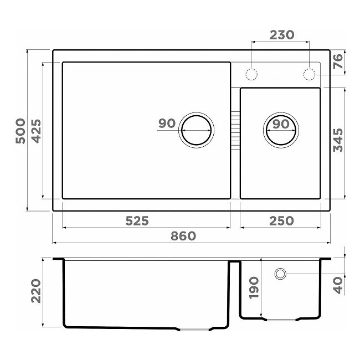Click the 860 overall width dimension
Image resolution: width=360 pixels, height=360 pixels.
183,236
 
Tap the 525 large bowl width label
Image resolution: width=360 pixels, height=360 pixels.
137,221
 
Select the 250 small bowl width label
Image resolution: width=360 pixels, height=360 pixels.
281,221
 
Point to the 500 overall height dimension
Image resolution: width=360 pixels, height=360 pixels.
20,131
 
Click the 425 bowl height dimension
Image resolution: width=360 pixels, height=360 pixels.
36,131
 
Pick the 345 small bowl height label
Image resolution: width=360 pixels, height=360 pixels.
338,140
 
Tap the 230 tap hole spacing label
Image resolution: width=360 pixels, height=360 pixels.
282,35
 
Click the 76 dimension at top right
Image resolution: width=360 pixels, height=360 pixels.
338,61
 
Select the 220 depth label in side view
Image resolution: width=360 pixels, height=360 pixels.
36,291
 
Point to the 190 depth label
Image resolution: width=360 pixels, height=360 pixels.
254,287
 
